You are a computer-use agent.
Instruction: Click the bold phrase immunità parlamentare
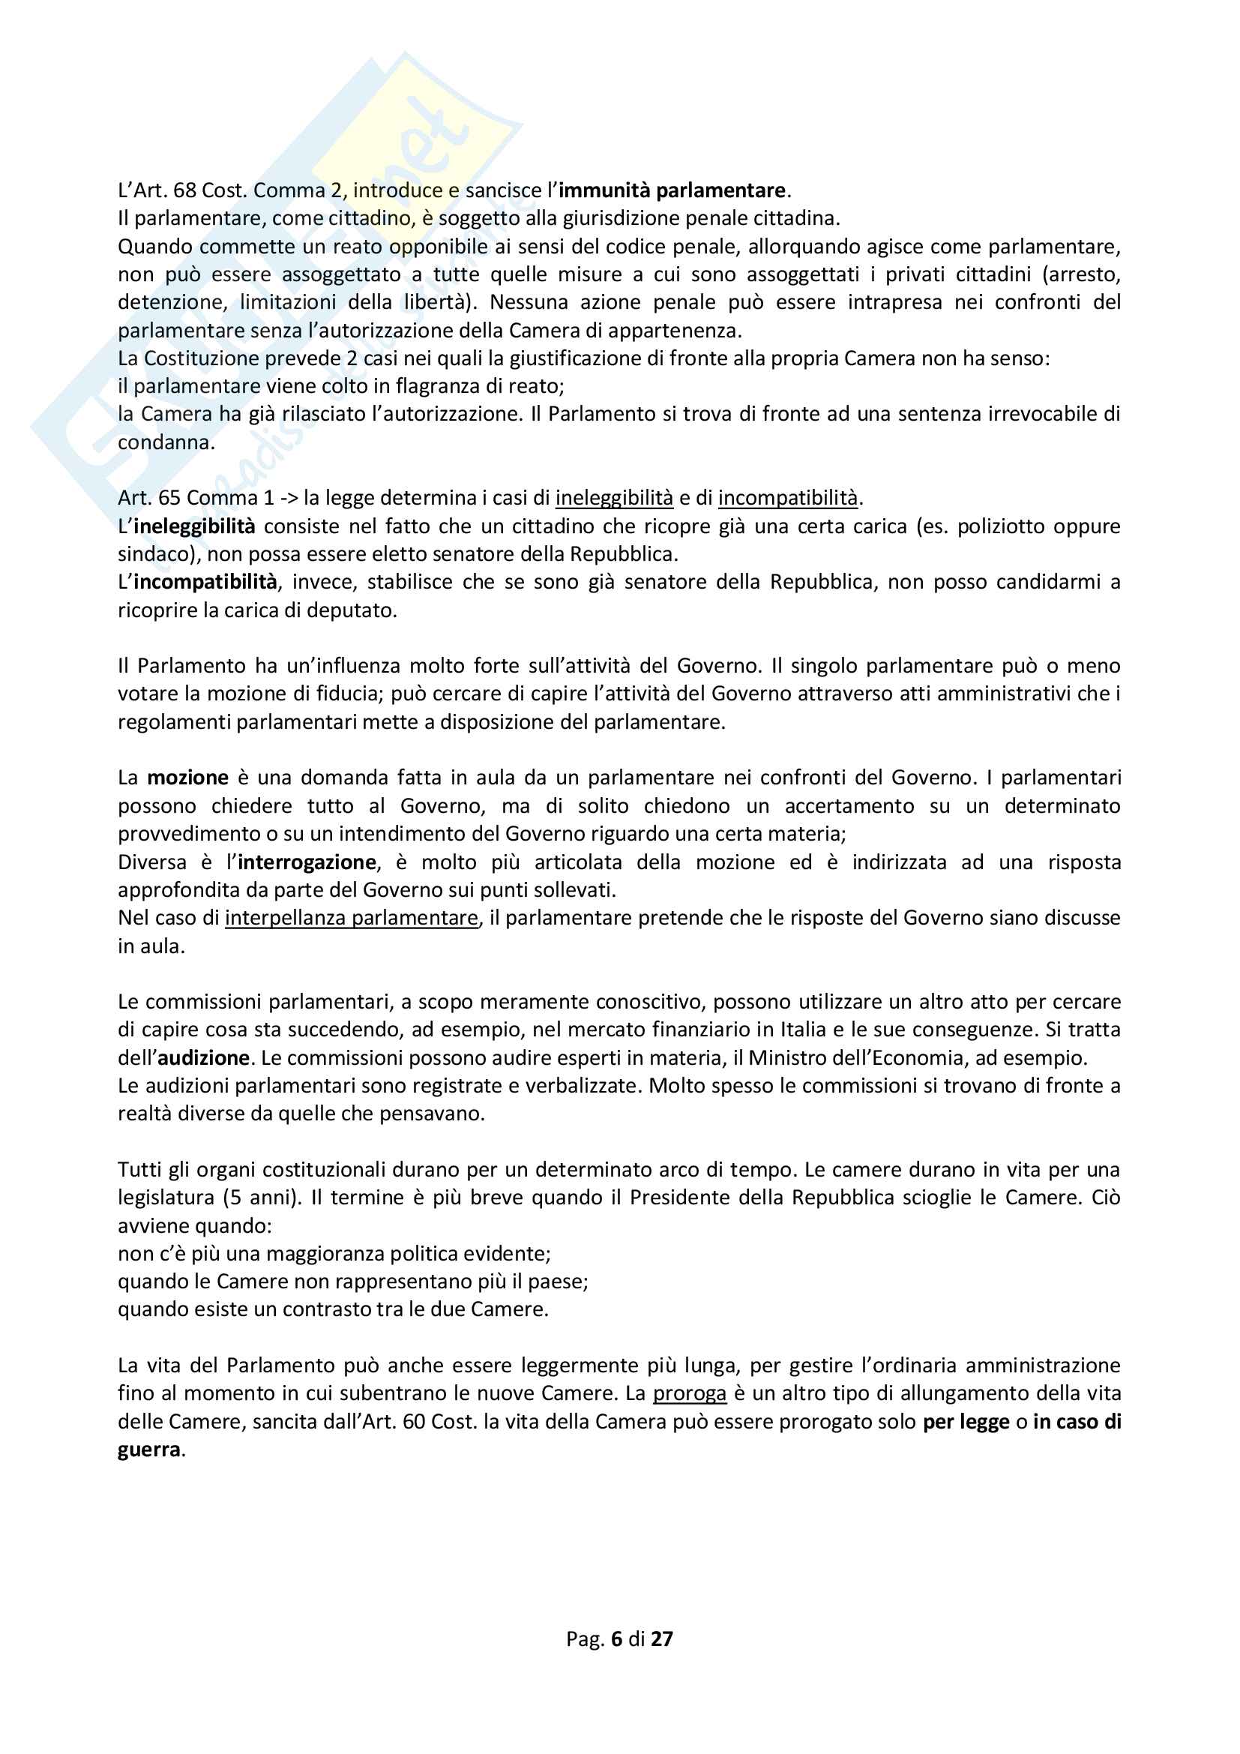click(671, 190)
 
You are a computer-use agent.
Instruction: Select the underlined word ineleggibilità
click(614, 498)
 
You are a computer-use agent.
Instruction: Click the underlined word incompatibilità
click(788, 498)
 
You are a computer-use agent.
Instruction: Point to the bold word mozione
click(188, 778)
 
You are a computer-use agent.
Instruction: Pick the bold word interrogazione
click(307, 862)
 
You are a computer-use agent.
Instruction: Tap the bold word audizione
click(203, 1057)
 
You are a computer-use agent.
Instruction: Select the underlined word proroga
click(689, 1393)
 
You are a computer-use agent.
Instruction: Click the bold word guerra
click(150, 1450)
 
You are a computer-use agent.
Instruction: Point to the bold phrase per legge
click(966, 1422)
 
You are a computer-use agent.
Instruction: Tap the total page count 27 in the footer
click(661, 1639)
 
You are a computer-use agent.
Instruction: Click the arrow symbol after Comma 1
click(289, 498)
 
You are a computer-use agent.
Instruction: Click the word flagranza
click(441, 385)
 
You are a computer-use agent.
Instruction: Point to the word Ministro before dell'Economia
click(791, 1057)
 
